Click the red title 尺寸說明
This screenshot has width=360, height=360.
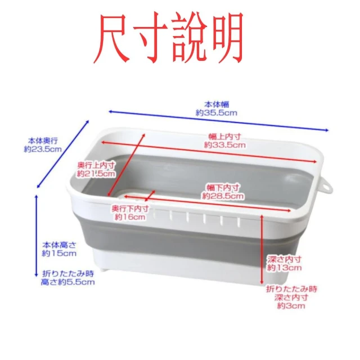[x=168, y=37]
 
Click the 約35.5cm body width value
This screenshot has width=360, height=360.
[x=216, y=113]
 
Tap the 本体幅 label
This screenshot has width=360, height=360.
[x=217, y=105]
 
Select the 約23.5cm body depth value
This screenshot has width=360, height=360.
[x=43, y=149]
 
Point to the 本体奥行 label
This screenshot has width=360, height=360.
[x=43, y=141]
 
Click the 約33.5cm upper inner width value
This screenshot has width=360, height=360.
[x=225, y=145]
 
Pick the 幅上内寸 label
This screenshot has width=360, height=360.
[x=225, y=137]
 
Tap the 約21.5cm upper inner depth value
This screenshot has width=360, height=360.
[x=96, y=174]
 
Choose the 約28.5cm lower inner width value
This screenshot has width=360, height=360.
[x=223, y=196]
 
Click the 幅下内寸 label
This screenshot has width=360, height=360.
[x=223, y=187]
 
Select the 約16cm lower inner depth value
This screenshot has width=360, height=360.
[x=130, y=217]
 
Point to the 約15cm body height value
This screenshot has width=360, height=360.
[x=59, y=254]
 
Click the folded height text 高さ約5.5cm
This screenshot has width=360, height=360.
[x=67, y=282]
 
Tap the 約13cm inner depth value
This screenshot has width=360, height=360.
[x=284, y=268]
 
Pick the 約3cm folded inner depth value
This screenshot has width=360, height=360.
[x=291, y=306]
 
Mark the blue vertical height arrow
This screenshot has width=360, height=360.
[x=36, y=236]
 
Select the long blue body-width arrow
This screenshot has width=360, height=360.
[x=219, y=121]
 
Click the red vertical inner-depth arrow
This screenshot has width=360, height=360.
[x=262, y=250]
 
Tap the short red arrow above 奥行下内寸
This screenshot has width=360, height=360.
[x=150, y=196]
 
